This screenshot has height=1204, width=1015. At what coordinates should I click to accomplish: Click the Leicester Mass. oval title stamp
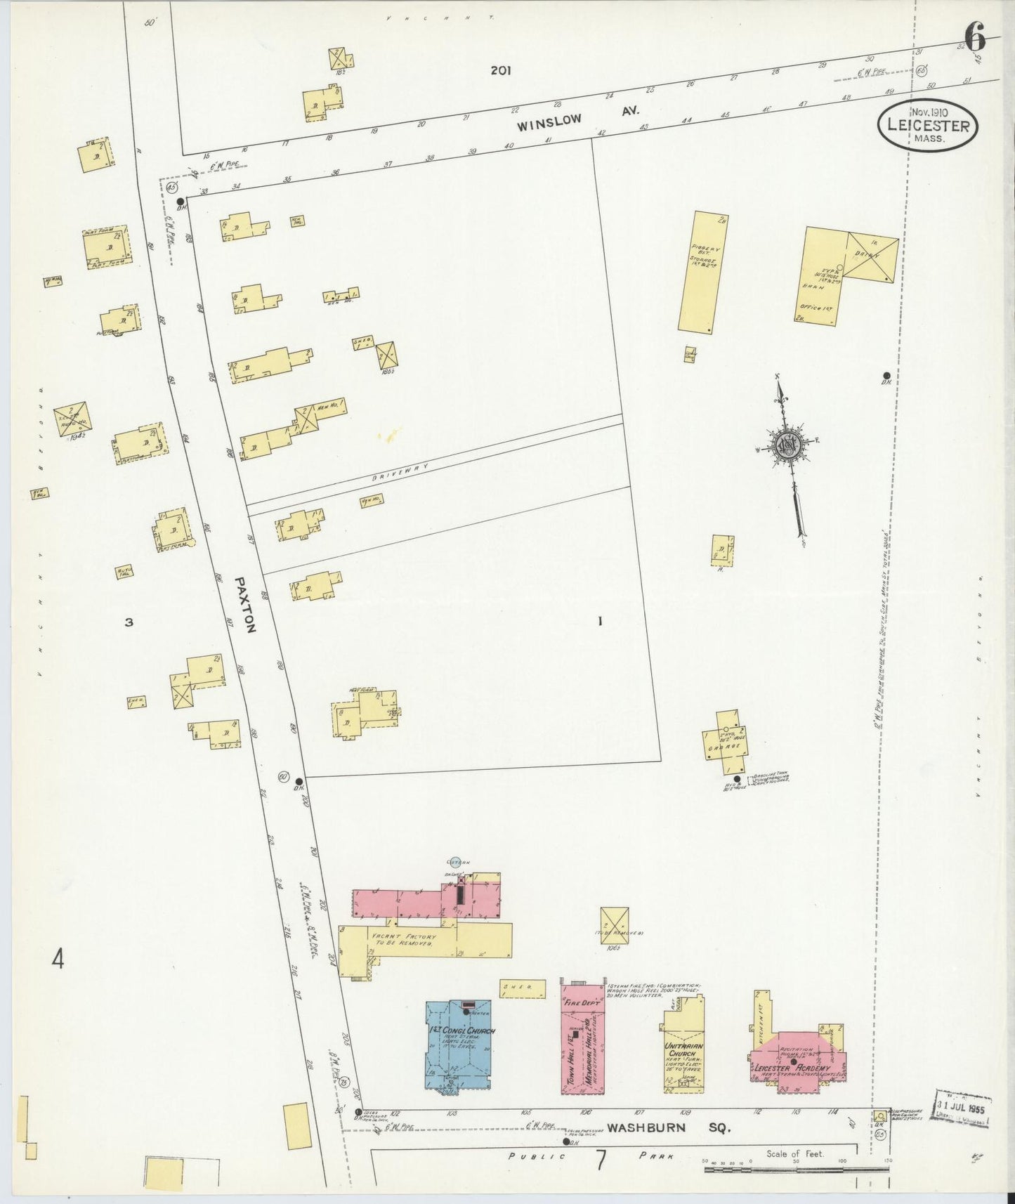(x=927, y=126)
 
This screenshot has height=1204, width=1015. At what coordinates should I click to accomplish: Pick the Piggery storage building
(x=702, y=272)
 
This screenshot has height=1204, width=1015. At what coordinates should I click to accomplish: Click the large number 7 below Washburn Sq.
(x=601, y=1161)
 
